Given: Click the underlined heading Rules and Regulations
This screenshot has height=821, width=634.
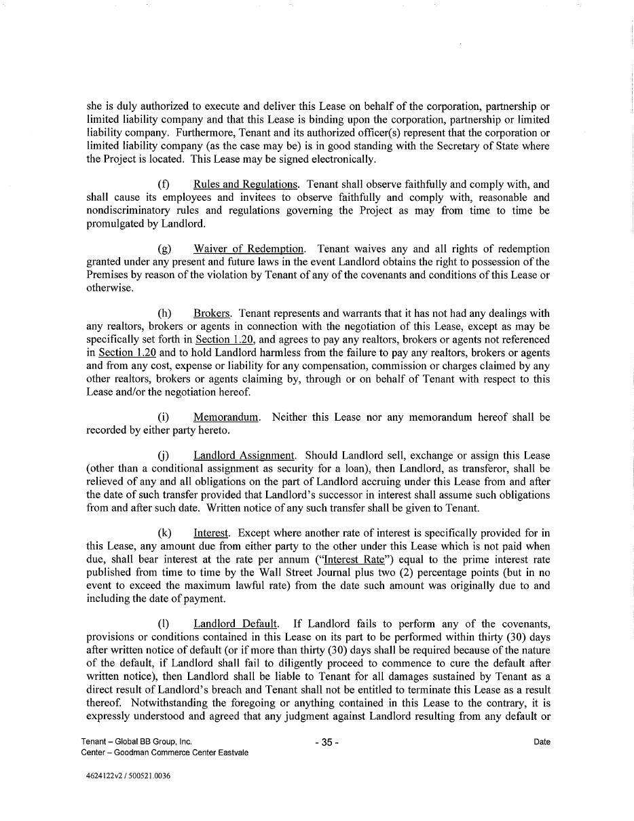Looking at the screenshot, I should pos(246,185).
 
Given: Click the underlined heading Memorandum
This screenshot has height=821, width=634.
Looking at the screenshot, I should pos(226,417).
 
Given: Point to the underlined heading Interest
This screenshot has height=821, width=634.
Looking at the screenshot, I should pos(211,533).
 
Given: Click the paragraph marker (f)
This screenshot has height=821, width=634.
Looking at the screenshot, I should pos(164,185).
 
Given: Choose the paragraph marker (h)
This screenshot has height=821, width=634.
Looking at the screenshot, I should pos(164,313).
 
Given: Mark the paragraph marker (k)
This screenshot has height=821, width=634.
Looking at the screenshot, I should pos(164,533).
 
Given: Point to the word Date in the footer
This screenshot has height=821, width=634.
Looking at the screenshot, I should pos(542,742).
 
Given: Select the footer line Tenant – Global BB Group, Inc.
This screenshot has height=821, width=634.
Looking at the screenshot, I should pos(141,742).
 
